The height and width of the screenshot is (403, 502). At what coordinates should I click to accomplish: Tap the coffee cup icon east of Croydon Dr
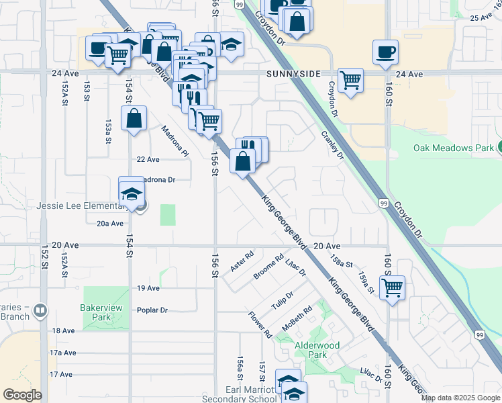pos(386,52)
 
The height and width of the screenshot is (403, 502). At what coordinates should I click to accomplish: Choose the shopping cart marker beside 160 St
pos(393,287)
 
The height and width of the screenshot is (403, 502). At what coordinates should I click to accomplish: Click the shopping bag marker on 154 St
pos(134,118)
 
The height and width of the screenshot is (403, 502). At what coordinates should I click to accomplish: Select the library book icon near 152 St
pos(40,310)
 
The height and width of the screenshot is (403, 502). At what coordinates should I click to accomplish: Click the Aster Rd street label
pos(242,262)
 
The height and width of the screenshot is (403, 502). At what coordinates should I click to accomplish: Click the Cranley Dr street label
pos(332,144)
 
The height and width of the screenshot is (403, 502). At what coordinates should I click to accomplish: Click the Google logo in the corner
pos(23,395)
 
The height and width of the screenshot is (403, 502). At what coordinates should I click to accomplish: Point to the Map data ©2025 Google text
pos(460,398)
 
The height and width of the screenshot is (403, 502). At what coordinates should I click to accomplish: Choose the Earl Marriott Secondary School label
pos(234,394)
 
